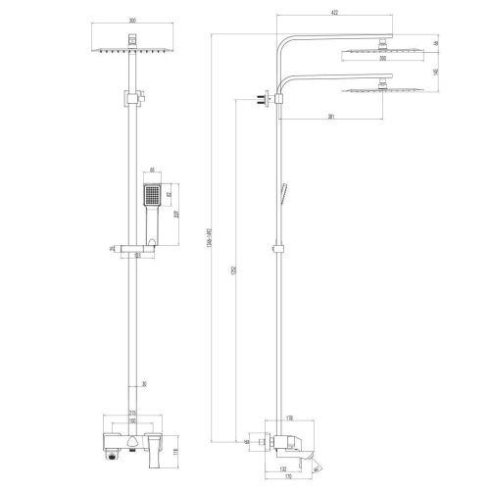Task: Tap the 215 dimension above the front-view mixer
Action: coord(130,415)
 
